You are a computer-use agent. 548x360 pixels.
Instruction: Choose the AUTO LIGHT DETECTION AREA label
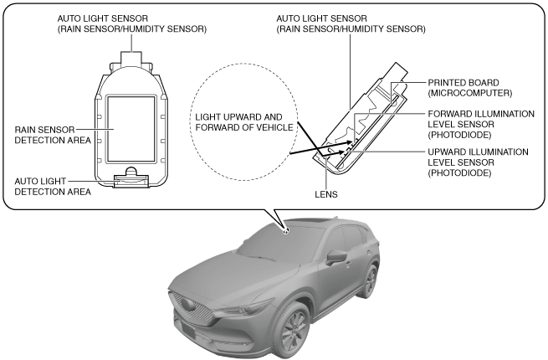click(x=48, y=186)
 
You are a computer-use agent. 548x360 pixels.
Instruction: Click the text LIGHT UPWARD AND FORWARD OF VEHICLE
click(x=244, y=122)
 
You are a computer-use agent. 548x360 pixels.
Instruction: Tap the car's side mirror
click(x=336, y=256)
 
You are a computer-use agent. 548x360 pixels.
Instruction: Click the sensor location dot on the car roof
click(x=286, y=231)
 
